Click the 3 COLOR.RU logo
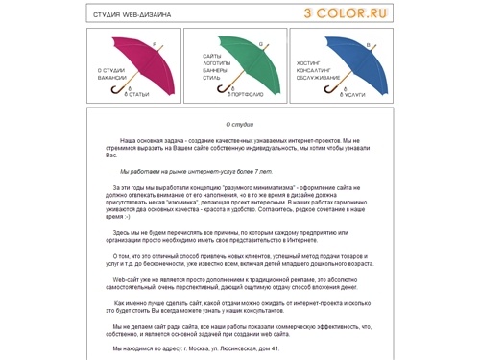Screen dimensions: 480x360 (x=426, y=13)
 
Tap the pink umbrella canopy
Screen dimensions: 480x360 (x=144, y=59)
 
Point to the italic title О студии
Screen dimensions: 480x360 (x=239, y=124)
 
